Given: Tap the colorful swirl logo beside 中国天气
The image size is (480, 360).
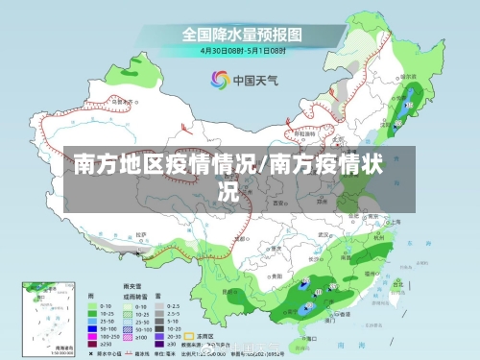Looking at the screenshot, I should (x=218, y=80).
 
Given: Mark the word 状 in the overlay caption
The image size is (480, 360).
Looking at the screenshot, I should (x=374, y=164).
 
